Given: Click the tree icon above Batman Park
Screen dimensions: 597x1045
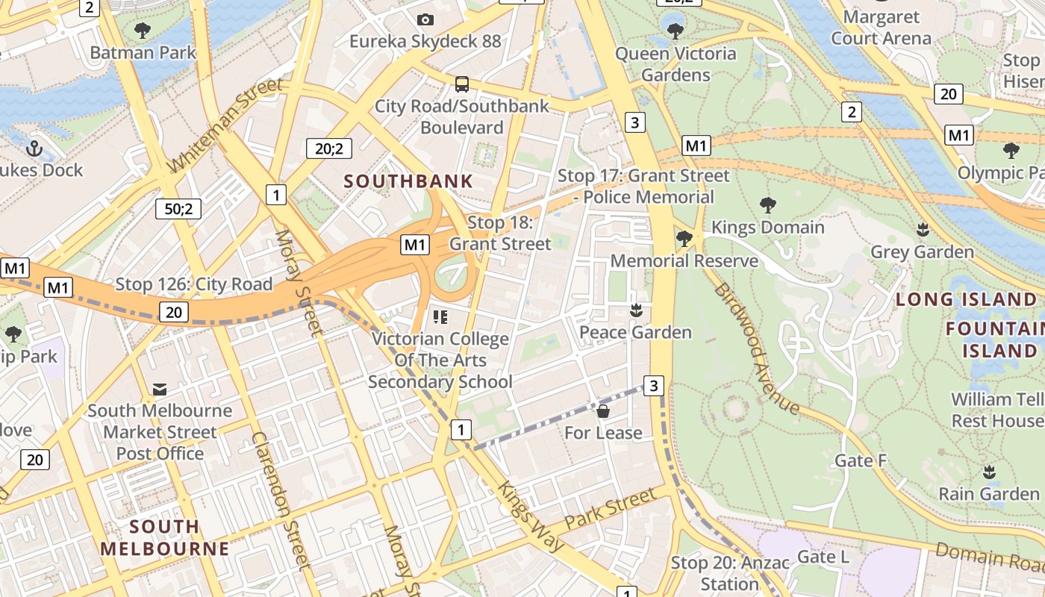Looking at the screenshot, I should (x=142, y=31).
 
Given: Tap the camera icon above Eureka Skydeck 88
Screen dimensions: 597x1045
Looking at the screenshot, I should (x=425, y=19).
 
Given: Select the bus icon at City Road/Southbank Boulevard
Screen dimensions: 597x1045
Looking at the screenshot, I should (x=462, y=84).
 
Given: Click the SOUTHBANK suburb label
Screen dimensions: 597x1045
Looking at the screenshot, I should (x=408, y=181).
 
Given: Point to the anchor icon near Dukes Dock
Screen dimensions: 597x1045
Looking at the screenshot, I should (x=34, y=149).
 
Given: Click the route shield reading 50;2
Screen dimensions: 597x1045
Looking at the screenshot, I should (x=178, y=209).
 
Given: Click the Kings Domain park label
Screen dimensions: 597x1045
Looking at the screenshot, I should (x=767, y=227).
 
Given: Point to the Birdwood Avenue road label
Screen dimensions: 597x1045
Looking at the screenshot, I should (x=756, y=348).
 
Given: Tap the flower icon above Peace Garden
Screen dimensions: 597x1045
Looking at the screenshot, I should (x=636, y=310).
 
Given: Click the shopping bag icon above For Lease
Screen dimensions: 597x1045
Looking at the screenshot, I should (x=603, y=411).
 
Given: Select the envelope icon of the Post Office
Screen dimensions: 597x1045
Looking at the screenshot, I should (x=160, y=389).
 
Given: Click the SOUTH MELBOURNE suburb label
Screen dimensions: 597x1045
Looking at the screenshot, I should (x=165, y=537).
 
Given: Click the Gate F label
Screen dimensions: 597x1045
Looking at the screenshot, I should (x=860, y=460).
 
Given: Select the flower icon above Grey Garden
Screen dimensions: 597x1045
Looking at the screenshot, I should (x=923, y=230).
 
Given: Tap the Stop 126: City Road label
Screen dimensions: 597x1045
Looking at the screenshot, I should (x=193, y=284).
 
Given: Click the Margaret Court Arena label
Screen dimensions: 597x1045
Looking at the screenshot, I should (x=881, y=27).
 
